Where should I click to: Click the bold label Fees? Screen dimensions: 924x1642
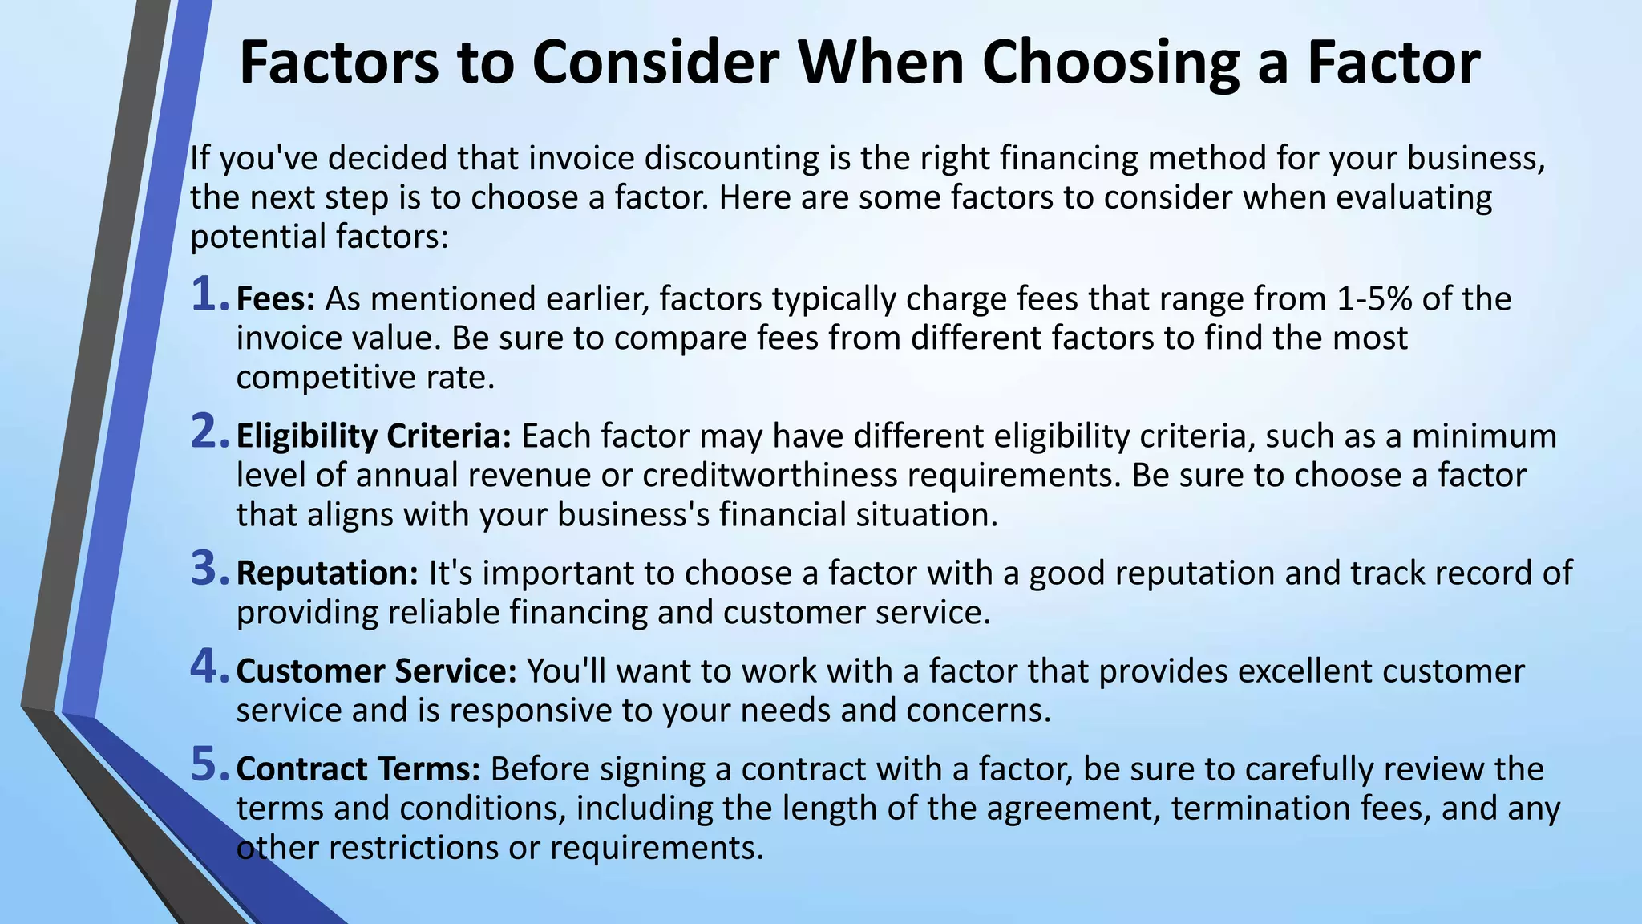276,299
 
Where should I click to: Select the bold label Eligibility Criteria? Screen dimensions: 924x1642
374,437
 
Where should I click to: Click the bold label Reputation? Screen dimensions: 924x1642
327,574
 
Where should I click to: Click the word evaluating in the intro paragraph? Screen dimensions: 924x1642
1409,198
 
